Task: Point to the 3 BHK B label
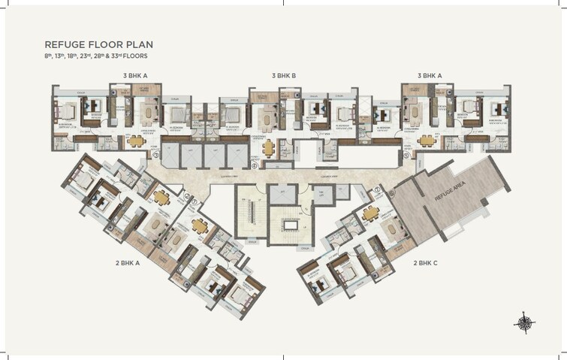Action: point(284,76)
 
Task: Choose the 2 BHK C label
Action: point(426,263)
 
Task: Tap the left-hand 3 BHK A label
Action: point(135,76)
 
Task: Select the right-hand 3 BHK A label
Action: point(430,76)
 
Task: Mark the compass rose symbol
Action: point(524,322)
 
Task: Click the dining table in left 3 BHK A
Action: point(136,140)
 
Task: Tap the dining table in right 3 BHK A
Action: point(427,140)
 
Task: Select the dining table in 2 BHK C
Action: point(370,213)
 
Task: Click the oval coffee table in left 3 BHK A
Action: point(147,113)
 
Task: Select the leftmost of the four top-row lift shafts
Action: point(171,156)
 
